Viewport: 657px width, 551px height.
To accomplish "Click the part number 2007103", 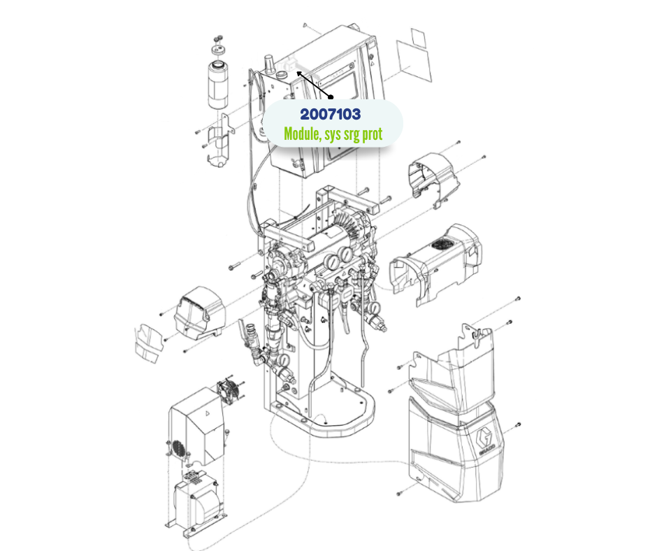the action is point(330,114).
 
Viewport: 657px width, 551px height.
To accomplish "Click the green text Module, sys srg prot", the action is point(333,134).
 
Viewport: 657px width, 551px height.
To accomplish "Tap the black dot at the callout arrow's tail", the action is point(331,97).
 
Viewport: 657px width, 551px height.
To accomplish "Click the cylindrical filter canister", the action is point(219,85).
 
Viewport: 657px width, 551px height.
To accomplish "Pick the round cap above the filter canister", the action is point(218,50).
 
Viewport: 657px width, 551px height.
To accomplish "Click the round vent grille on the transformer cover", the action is point(178,448).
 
